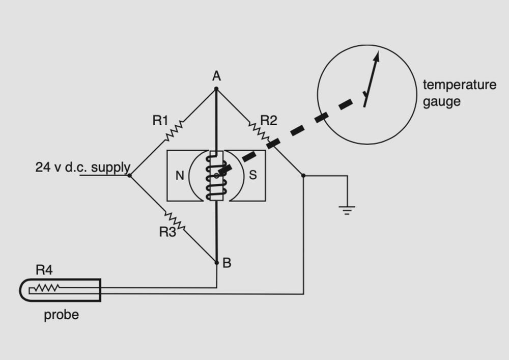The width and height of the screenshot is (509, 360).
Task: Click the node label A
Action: click(x=216, y=76)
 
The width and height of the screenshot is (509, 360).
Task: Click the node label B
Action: click(x=227, y=263)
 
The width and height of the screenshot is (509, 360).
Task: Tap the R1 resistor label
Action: click(x=160, y=121)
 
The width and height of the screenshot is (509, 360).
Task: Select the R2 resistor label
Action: click(x=269, y=121)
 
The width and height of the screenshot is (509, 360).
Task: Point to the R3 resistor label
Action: click(x=167, y=232)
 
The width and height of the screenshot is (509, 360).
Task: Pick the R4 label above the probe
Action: click(x=44, y=269)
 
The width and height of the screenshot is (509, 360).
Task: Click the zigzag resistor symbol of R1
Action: click(x=173, y=131)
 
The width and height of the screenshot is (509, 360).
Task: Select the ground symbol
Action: click(x=347, y=209)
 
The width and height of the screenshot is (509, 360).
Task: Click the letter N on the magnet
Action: click(x=180, y=176)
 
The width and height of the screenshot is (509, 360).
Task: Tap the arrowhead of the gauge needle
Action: click(x=377, y=55)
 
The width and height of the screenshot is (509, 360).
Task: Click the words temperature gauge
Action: click(x=459, y=93)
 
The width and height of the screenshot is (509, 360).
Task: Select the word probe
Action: click(x=61, y=315)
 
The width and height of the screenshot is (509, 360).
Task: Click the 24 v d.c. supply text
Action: click(x=82, y=167)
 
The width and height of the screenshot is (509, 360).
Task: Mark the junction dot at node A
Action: click(x=216, y=89)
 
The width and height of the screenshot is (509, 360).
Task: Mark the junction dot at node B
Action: click(x=216, y=263)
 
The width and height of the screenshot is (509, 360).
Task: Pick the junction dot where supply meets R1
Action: click(x=129, y=176)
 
